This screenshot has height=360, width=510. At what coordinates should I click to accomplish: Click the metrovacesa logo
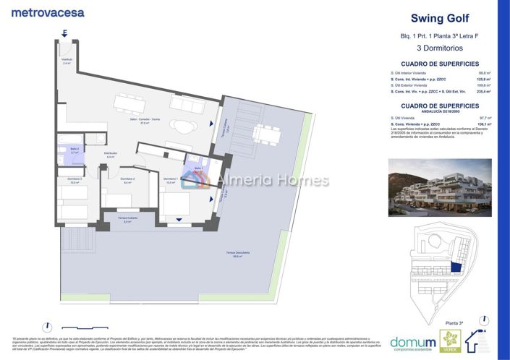[48, 12]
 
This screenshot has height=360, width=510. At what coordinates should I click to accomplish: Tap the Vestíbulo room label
[66, 61]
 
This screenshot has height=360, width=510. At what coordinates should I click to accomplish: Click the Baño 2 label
[75, 150]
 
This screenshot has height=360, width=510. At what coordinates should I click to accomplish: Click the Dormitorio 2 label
[128, 181]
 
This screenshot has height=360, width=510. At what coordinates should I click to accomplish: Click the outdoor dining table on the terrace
[265, 133]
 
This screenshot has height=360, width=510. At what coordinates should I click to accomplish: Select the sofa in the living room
[190, 104]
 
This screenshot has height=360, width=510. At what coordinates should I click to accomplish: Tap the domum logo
[412, 342]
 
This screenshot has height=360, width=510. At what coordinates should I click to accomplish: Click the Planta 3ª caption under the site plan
[454, 323]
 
